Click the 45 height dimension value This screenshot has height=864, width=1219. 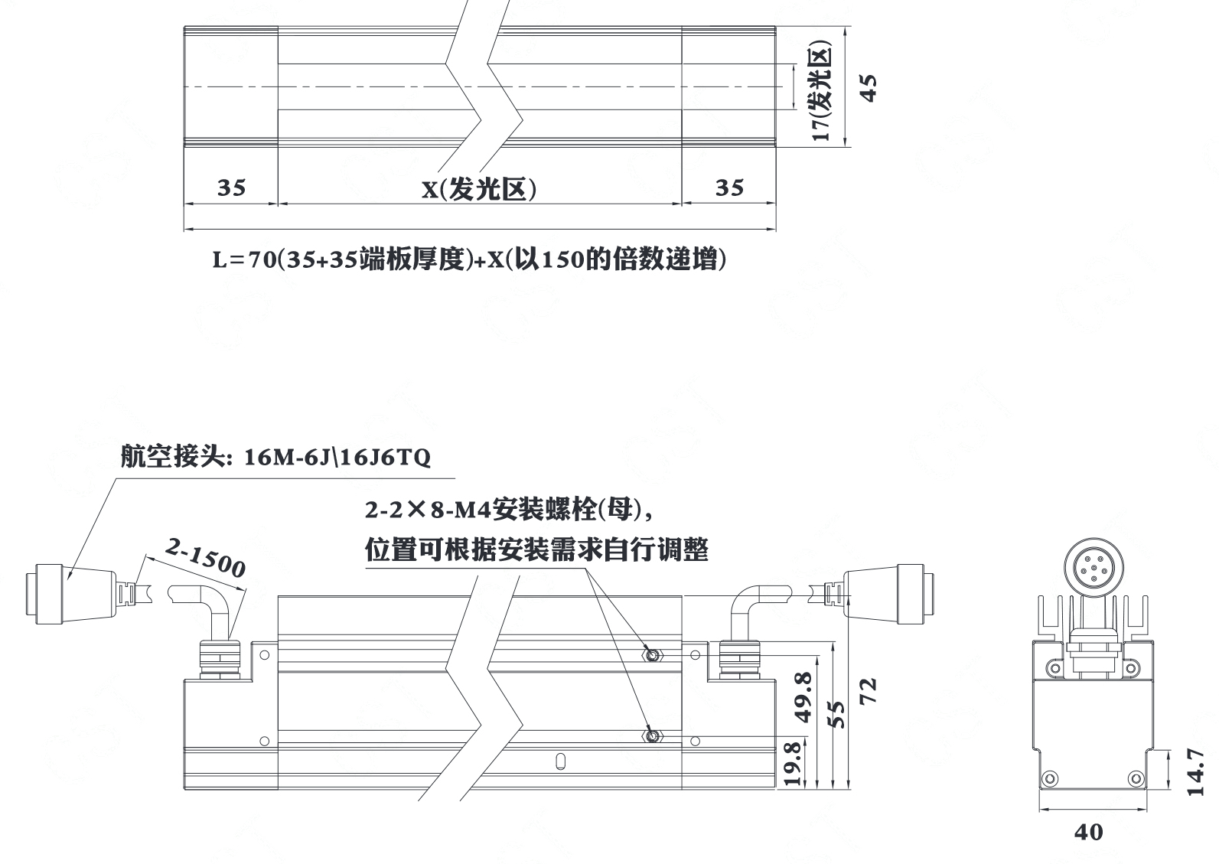tap(869, 87)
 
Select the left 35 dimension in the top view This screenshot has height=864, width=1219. tap(231, 187)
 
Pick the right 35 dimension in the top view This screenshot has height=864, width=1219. tap(729, 187)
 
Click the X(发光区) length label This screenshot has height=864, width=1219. tap(480, 189)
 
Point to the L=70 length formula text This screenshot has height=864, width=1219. tap(469, 259)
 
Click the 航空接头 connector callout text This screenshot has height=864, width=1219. tap(275, 456)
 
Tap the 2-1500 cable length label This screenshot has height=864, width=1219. tap(205, 557)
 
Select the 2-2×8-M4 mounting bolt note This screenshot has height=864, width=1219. tap(509, 510)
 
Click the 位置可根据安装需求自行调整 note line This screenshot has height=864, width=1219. tap(536, 549)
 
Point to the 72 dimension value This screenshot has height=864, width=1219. tap(869, 690)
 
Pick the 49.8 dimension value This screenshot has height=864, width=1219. tap(803, 697)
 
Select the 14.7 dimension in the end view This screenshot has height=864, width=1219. tap(1195, 772)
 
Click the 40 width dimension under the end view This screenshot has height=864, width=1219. tap(1088, 832)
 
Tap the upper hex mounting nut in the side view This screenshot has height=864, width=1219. tap(652, 654)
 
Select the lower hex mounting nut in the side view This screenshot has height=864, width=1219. tap(652, 737)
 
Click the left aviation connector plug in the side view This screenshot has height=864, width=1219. tap(71, 594)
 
